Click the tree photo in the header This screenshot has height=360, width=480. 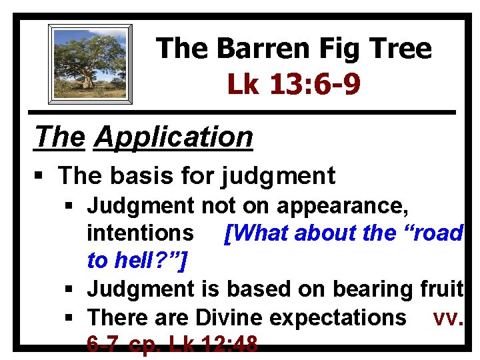pos(90,64)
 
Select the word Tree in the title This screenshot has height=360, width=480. pos(393,49)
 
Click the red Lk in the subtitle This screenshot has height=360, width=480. pos(243,84)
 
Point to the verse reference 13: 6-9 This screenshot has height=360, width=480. pos(314,84)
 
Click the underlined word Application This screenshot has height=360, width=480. pos(174,137)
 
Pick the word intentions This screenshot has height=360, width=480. pos(141,233)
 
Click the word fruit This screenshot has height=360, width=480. pos(440,289)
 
